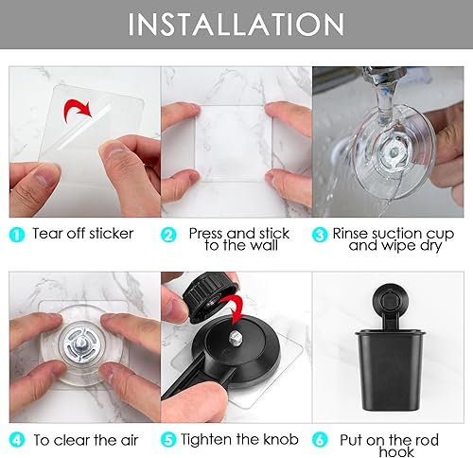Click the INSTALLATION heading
tap(236, 25)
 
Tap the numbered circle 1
tap(18, 233)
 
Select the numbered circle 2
tap(168, 233)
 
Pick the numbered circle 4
tap(18, 439)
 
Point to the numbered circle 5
tap(168, 439)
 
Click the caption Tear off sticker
tap(83, 233)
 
